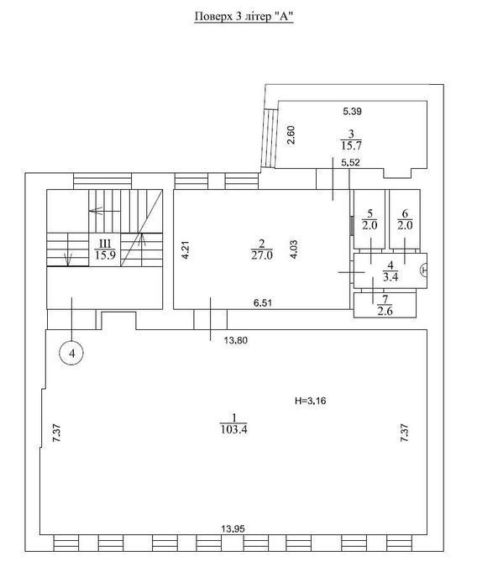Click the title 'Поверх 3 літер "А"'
coord(244,17)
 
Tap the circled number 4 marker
coord(71,353)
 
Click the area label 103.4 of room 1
coord(234,429)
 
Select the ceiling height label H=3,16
coord(311,401)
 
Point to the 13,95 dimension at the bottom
coord(233,528)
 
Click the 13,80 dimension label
coord(235,340)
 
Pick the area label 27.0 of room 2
coord(262,255)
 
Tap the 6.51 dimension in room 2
coord(263,302)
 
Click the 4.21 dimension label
coord(186,250)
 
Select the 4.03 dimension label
coord(294,249)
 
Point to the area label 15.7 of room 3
coord(351,145)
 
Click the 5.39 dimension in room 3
coord(352,111)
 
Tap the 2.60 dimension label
coord(291,135)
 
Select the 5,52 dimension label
coord(351,162)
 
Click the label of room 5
coord(370,219)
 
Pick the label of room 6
coord(405,219)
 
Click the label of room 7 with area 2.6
coord(385,305)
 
